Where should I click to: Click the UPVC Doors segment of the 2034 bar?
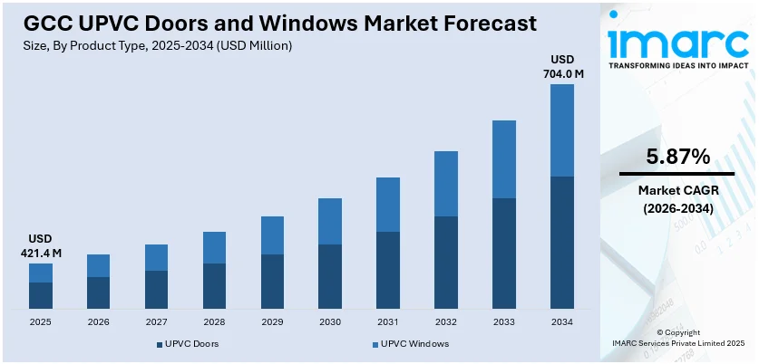[562, 242]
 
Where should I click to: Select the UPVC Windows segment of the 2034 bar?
[562, 130]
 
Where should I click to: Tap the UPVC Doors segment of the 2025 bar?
[40, 295]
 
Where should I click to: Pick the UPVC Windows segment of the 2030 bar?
[330, 221]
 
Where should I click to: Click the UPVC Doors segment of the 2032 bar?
[446, 263]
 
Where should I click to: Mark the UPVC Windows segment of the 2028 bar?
[214, 247]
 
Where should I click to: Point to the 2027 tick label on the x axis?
[156, 321]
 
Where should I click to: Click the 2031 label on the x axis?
[388, 321]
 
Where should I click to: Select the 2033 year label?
[504, 321]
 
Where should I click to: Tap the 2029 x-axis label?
[272, 321]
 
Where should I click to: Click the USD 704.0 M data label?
[562, 66]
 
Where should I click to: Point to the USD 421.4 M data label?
[40, 246]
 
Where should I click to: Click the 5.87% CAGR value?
[677, 156]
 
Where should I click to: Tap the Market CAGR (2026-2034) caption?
[677, 199]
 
